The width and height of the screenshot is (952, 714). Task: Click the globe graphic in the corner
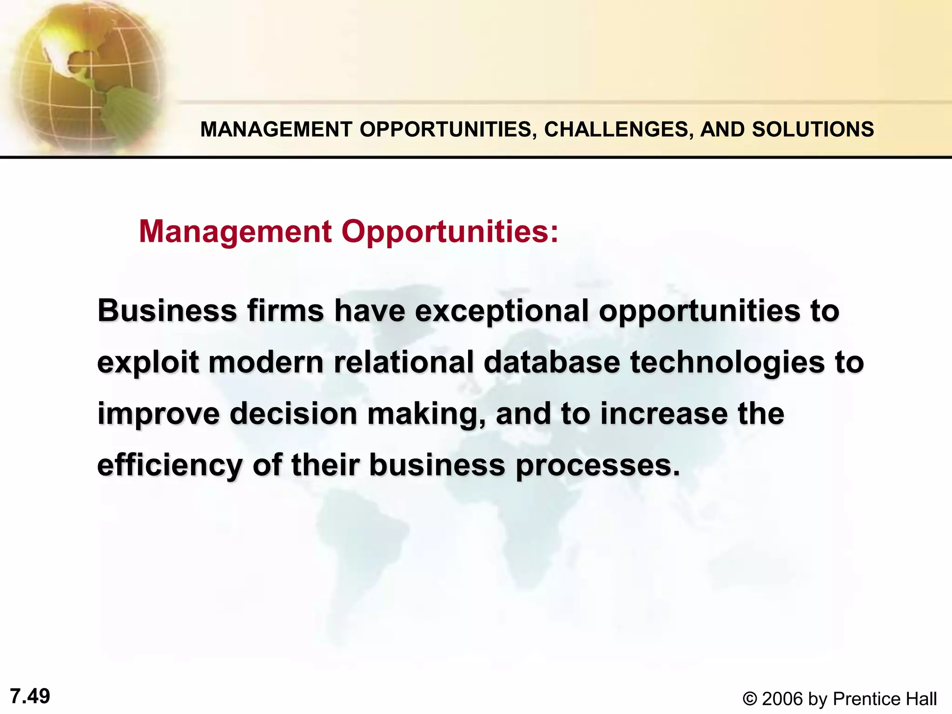coord(84,74)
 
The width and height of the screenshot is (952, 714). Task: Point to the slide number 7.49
coord(30,696)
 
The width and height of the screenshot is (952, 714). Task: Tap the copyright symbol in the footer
coord(749,699)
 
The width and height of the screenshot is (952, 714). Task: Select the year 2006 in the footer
coord(783,699)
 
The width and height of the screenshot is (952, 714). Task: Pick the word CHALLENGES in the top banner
coord(616,129)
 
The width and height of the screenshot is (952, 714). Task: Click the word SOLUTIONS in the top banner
coord(813,129)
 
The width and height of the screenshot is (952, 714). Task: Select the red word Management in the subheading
coord(235,231)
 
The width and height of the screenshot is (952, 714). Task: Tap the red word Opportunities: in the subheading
coord(450,231)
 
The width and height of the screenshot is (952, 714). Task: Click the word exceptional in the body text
coord(502,311)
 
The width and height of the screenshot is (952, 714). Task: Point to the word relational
coord(403,363)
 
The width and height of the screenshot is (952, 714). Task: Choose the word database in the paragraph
coord(552,363)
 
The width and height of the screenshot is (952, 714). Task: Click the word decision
coord(293,414)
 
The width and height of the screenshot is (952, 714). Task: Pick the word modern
coord(266,363)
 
